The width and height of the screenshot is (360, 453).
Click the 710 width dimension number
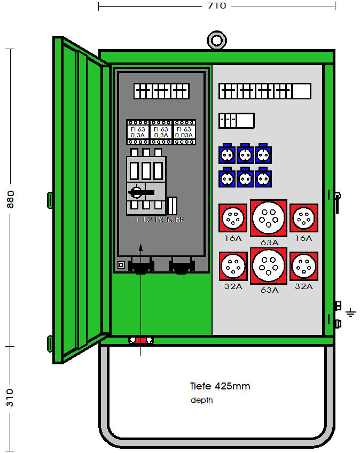(x=217, y=6)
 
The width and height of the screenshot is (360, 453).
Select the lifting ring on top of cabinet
(x=216, y=40)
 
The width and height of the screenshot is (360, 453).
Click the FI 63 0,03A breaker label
(x=184, y=132)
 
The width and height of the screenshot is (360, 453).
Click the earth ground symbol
(x=350, y=312)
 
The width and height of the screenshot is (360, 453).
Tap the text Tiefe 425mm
(x=220, y=386)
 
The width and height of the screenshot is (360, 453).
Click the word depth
(x=202, y=400)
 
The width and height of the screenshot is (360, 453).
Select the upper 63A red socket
(x=269, y=218)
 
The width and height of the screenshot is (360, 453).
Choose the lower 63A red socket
(x=269, y=265)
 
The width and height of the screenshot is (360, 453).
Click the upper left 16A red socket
(x=233, y=218)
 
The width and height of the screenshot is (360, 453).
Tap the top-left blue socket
(x=227, y=155)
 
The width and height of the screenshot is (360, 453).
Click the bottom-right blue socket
(x=262, y=178)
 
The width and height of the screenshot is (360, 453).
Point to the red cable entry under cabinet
(x=140, y=340)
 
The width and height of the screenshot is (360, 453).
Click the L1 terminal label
(x=135, y=220)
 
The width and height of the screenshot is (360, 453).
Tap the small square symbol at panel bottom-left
(x=121, y=264)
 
